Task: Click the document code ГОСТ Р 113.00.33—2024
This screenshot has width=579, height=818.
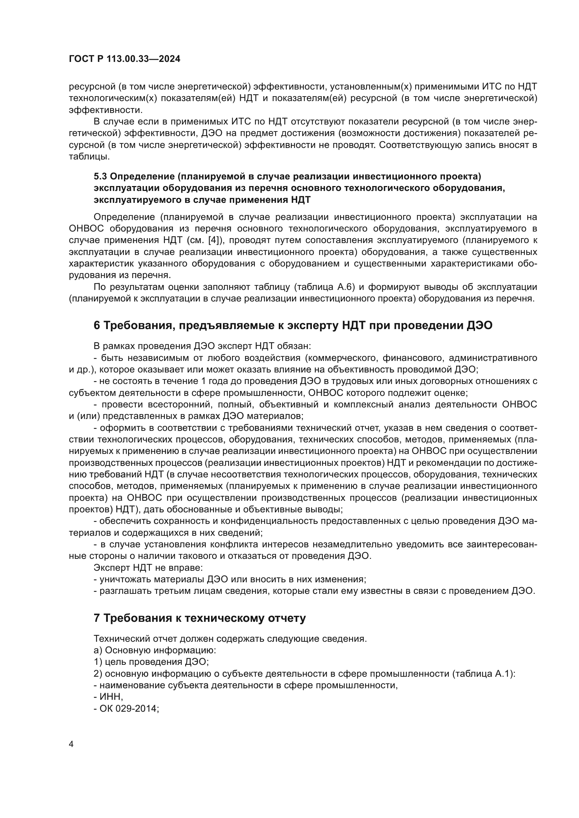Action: pyautogui.click(x=124, y=59)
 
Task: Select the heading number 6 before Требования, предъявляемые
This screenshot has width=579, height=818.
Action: pyautogui.click(x=97, y=325)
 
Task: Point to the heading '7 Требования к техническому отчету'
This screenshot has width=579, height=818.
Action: pyautogui.click(x=200, y=618)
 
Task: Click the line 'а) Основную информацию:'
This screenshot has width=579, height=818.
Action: pyautogui.click(x=155, y=650)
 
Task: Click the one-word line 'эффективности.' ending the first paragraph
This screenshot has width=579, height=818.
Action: pyautogui.click(x=105, y=110)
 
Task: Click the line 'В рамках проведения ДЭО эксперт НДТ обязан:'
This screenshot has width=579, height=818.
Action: pyautogui.click(x=202, y=346)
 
